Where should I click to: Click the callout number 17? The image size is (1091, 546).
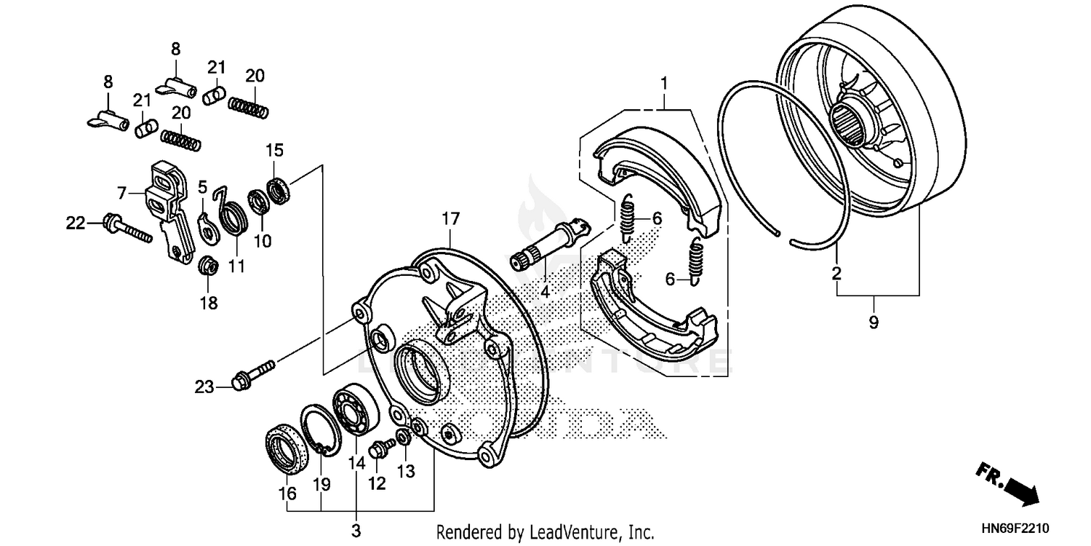click(x=450, y=218)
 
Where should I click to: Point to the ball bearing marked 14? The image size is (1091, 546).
click(x=356, y=408)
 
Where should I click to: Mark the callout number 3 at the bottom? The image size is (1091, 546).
click(x=356, y=530)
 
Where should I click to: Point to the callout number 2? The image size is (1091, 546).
click(x=836, y=274)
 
